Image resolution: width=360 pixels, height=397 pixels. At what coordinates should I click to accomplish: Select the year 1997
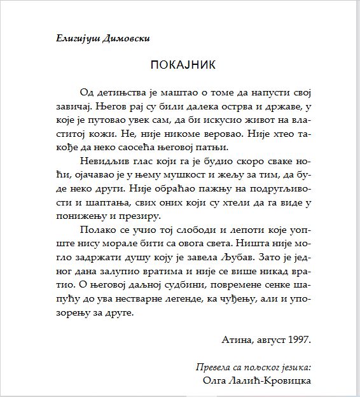298,340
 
